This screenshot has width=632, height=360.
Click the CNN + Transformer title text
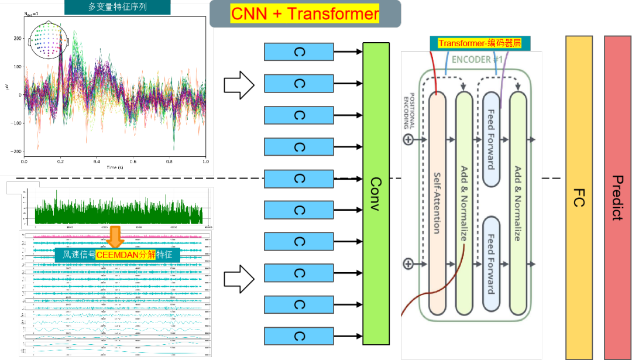[305, 13]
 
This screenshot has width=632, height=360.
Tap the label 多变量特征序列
[117, 8]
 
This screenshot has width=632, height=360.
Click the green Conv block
[376, 193]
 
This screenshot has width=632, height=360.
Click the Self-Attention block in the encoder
[437, 203]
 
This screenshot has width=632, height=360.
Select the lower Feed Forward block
[492, 263]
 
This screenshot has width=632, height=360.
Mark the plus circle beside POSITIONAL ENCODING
[408, 139]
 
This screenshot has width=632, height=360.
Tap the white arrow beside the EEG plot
[239, 85]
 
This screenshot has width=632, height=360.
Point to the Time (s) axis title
[115, 167]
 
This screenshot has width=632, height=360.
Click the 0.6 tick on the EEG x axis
[133, 161]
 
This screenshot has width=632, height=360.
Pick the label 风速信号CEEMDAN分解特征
[117, 255]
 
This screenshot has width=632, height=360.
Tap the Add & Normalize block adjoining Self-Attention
[463, 203]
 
